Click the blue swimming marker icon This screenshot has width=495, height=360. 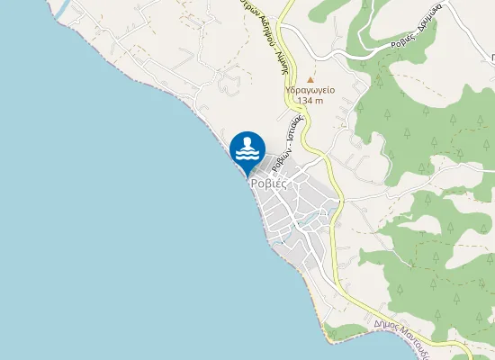247,150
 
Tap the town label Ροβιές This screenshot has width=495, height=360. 268,182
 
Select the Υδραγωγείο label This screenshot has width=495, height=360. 310,90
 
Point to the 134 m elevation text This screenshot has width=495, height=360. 310,101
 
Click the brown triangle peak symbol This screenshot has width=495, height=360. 311,79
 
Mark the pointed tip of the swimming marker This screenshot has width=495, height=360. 247,175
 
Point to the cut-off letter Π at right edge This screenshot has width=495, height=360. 490,56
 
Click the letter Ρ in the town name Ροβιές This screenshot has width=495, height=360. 256,182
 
